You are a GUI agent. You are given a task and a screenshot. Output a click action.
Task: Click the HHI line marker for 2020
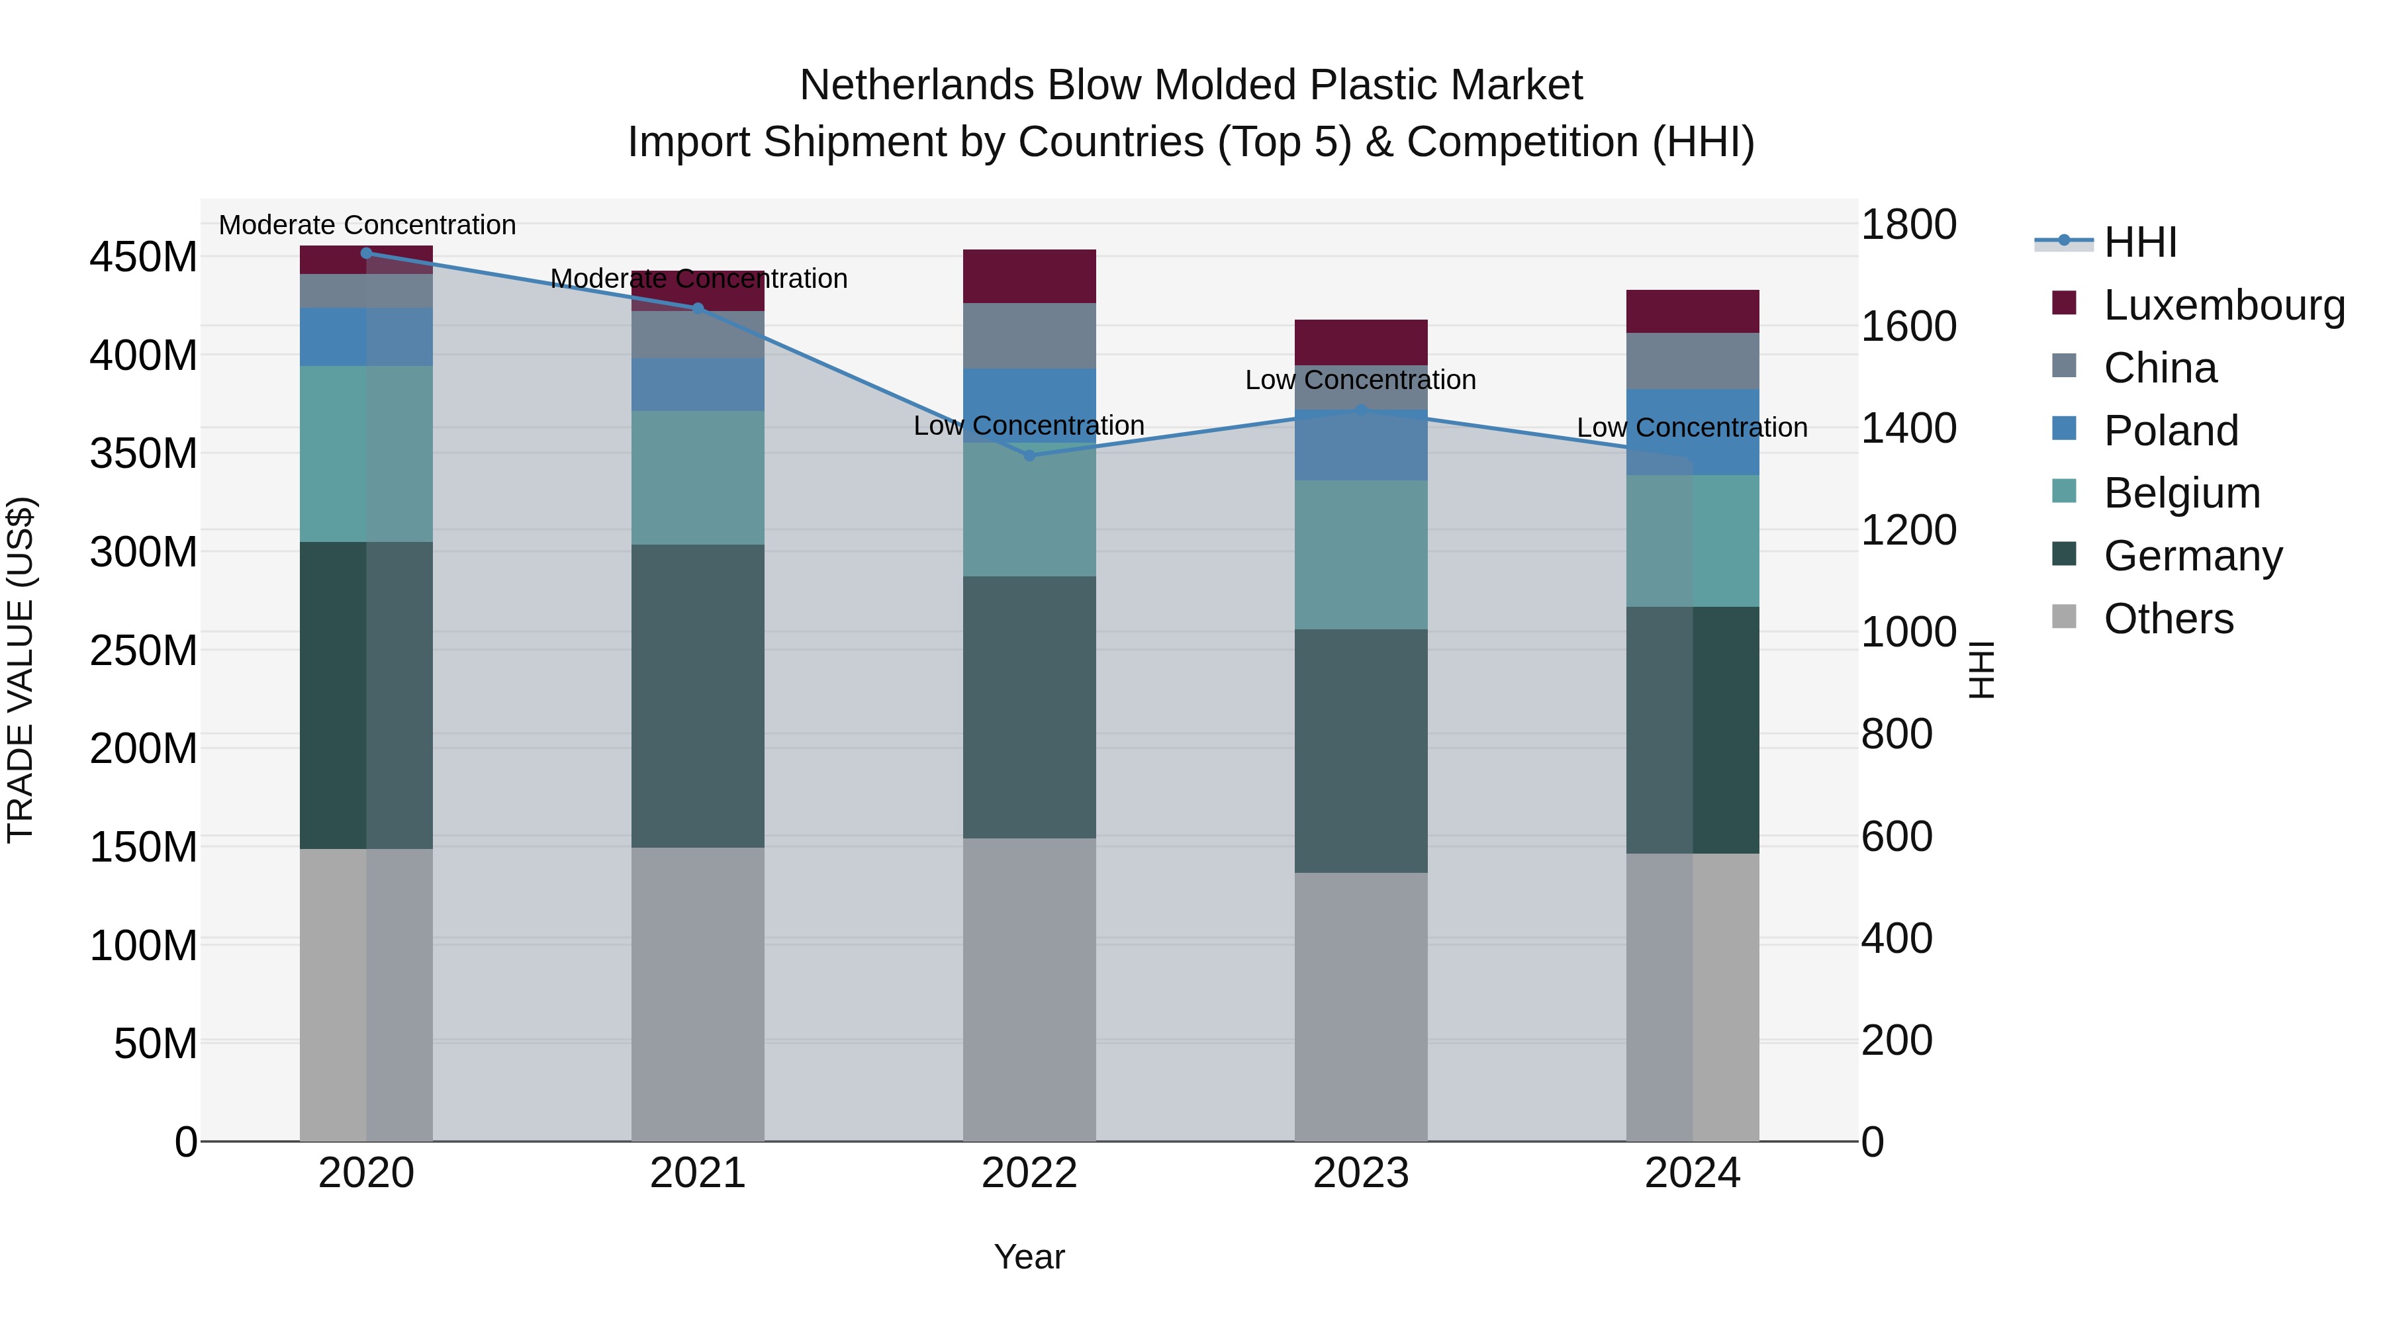tap(366, 253)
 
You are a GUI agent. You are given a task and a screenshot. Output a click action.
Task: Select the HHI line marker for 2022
tap(1029, 455)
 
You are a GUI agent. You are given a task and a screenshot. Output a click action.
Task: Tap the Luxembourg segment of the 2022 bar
tap(1029, 275)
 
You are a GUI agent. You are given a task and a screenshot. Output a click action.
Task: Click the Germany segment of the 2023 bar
tap(1361, 751)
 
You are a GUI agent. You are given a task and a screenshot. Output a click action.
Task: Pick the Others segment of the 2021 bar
tap(698, 994)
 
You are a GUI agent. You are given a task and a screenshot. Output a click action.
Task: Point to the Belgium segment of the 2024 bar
tap(1693, 541)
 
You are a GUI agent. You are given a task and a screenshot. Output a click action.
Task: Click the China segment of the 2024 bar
tap(1693, 361)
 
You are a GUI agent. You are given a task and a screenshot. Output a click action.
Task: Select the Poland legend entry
tap(2171, 431)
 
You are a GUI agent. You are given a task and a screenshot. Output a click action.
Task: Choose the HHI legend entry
tap(2139, 242)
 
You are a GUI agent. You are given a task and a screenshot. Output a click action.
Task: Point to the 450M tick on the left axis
tap(144, 257)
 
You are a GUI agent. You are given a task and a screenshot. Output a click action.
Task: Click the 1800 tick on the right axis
tap(1908, 225)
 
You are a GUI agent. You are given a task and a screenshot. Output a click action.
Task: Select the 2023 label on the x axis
tap(1361, 1173)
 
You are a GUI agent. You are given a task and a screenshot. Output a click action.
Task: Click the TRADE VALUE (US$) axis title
tap(21, 670)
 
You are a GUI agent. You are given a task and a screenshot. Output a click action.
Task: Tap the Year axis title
tap(1029, 1257)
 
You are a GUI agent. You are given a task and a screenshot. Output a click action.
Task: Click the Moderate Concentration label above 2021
tap(698, 279)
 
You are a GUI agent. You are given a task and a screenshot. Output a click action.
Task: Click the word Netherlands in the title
tap(917, 85)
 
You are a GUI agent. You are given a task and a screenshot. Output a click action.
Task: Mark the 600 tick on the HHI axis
tap(1896, 836)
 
